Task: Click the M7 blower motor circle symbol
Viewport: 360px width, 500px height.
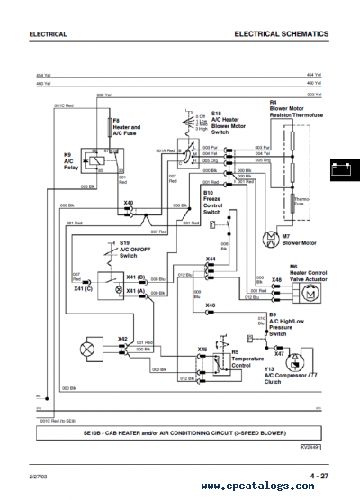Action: (x=268, y=237)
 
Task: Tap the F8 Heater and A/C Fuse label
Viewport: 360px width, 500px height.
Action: (x=124, y=128)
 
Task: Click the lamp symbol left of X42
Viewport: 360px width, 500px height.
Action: (x=88, y=348)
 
